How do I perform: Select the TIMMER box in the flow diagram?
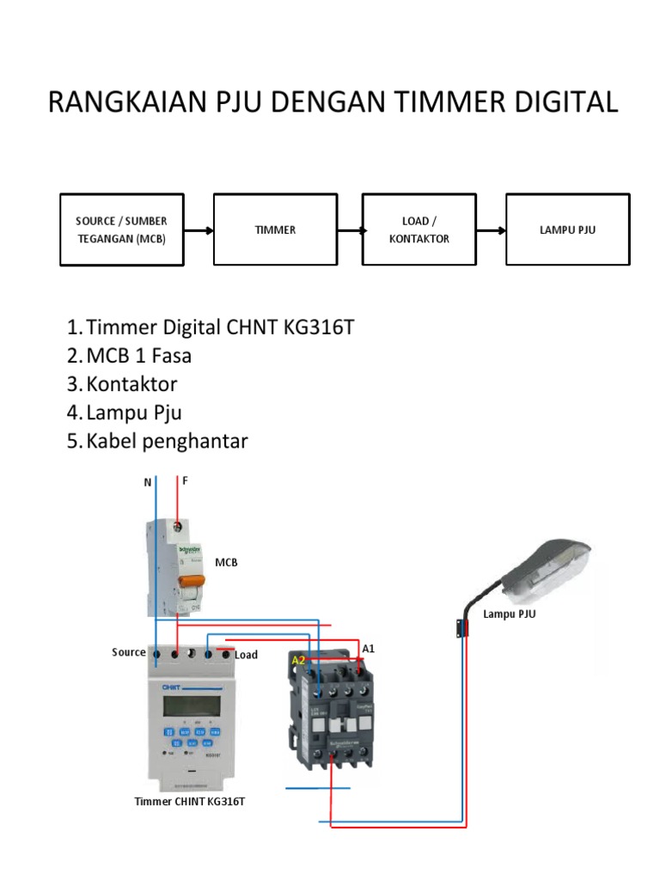click(275, 229)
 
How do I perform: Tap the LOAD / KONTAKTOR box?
click(419, 229)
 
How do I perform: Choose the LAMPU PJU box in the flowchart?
click(566, 229)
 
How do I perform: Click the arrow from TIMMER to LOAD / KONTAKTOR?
click(350, 229)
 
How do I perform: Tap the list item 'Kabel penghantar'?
click(167, 441)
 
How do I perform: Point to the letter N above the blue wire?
click(147, 483)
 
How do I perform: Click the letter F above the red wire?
click(184, 481)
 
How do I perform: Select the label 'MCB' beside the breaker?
click(225, 562)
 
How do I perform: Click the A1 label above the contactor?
click(369, 649)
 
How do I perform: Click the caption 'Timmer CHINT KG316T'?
click(196, 801)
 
